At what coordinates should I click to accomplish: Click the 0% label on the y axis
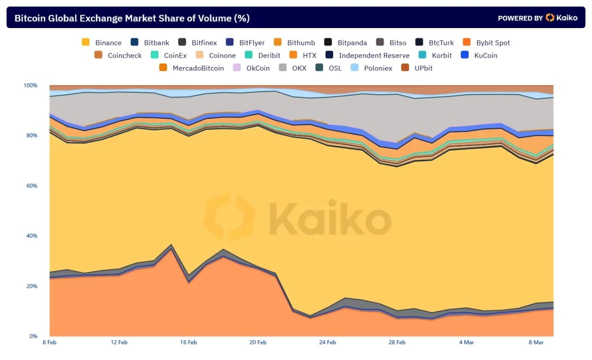pyautogui.click(x=33, y=336)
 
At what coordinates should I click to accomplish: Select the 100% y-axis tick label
pyautogui.click(x=30, y=86)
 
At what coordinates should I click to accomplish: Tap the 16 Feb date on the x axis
pyautogui.click(x=188, y=342)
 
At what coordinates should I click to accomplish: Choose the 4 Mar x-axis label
pyautogui.click(x=466, y=342)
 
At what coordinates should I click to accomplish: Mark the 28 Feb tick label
pyautogui.click(x=397, y=342)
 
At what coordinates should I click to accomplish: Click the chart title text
pyautogui.click(x=132, y=18)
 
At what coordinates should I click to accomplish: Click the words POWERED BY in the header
pyautogui.click(x=520, y=18)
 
